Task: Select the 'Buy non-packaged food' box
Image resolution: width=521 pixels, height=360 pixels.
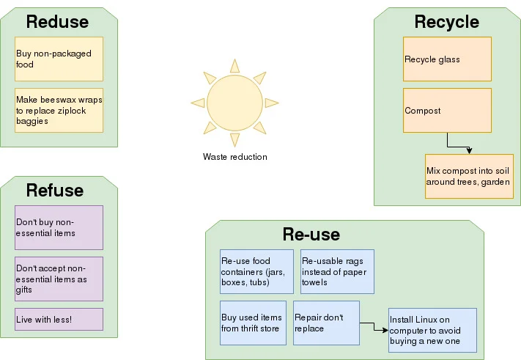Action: coord(59,59)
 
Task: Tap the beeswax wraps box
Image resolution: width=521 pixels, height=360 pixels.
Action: coord(59,110)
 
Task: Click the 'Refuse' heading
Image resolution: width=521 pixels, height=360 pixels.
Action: coord(55,191)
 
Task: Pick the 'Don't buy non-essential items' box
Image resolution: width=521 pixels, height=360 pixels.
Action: coord(59,227)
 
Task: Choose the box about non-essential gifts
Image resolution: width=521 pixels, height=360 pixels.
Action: coord(59,279)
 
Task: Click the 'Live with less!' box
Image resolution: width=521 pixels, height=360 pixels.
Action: coord(59,319)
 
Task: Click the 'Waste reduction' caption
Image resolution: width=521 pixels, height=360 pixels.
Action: coord(234,157)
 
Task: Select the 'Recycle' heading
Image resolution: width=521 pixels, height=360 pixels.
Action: coord(446,22)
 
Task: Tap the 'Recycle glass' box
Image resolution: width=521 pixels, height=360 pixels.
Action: coord(447,59)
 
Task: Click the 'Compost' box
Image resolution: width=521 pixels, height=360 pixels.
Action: coord(447,110)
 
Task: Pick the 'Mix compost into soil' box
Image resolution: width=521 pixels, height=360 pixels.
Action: coord(469,176)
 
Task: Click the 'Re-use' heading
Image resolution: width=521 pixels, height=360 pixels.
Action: coord(311,235)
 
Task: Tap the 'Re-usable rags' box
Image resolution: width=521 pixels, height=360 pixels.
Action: coord(337,271)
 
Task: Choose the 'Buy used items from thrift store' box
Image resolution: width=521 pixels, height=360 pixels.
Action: coord(253,323)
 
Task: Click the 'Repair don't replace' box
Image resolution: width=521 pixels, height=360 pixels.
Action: coord(326,323)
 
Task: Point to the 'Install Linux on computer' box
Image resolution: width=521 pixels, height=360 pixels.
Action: coord(432,330)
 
